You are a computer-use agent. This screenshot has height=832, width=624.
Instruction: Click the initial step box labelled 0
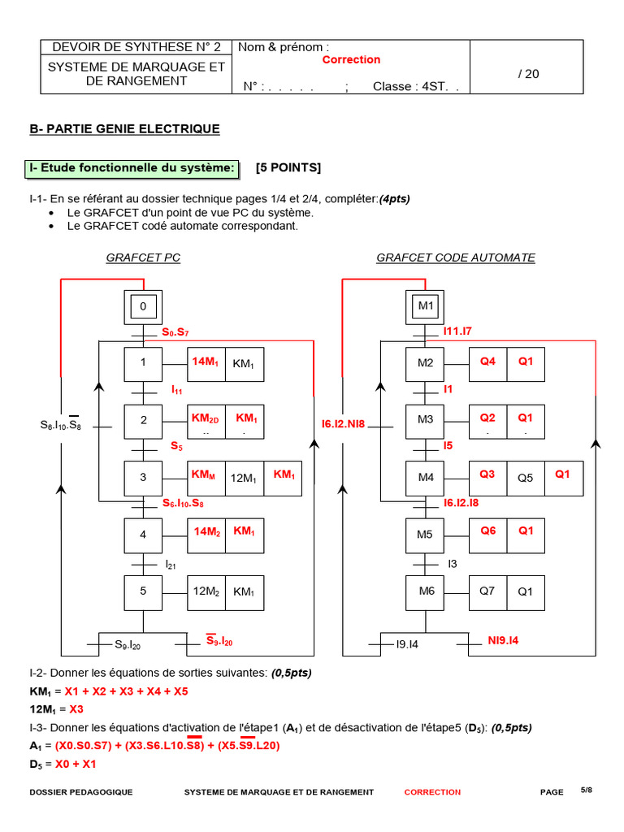[144, 307]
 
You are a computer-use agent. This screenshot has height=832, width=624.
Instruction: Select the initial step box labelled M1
[426, 307]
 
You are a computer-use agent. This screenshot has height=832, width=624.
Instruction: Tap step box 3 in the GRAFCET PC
[144, 478]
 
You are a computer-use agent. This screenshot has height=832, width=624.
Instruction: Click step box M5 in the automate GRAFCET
[426, 535]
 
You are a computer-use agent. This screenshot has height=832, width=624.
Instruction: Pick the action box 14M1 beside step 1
[205, 363]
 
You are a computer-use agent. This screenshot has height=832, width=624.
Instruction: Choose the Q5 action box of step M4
[526, 478]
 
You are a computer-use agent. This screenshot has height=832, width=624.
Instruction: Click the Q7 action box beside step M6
[487, 591]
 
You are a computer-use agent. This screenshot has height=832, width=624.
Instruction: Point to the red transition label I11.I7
[458, 331]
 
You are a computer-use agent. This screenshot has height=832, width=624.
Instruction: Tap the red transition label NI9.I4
[503, 641]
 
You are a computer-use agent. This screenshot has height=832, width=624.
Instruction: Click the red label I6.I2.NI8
[344, 424]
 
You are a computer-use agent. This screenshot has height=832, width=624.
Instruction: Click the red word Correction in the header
[351, 60]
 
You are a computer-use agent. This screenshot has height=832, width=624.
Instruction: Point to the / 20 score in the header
[528, 74]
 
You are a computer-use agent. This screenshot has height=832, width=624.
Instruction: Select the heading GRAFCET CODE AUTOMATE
[455, 258]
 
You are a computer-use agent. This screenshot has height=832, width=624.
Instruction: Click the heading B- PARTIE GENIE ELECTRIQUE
[124, 129]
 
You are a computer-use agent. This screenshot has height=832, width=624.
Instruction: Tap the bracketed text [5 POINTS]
[288, 168]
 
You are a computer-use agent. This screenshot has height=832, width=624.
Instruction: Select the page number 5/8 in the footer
[587, 790]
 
